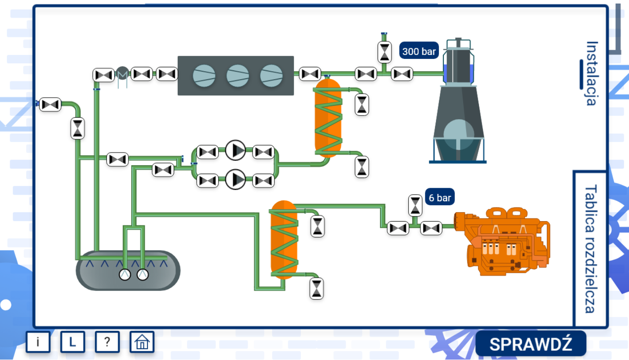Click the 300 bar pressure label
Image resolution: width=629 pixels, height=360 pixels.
coord(419,51)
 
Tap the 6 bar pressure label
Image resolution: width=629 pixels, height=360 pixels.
coord(439,198)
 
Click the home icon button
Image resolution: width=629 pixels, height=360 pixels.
coord(142,342)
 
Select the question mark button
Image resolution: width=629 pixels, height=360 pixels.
coord(107,342)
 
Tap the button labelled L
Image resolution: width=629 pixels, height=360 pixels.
coord(73,342)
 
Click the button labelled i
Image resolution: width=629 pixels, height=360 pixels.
coord(38,342)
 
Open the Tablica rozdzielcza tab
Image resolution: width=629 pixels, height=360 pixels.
coord(590,249)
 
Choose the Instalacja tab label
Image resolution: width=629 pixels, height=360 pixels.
coord(592,73)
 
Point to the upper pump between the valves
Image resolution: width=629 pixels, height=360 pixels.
coord(236,151)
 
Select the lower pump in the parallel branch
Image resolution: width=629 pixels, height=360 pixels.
coord(236,179)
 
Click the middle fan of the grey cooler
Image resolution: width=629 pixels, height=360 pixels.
coord(238,76)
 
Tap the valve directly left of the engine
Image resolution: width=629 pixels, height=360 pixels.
coord(431,228)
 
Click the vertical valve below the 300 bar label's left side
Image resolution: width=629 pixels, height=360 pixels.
coord(385,52)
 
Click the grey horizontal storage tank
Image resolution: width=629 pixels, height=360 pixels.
coord(128,271)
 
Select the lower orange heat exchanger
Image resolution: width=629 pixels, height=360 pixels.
coord(284,240)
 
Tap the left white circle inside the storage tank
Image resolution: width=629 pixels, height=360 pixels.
coord(125,275)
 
